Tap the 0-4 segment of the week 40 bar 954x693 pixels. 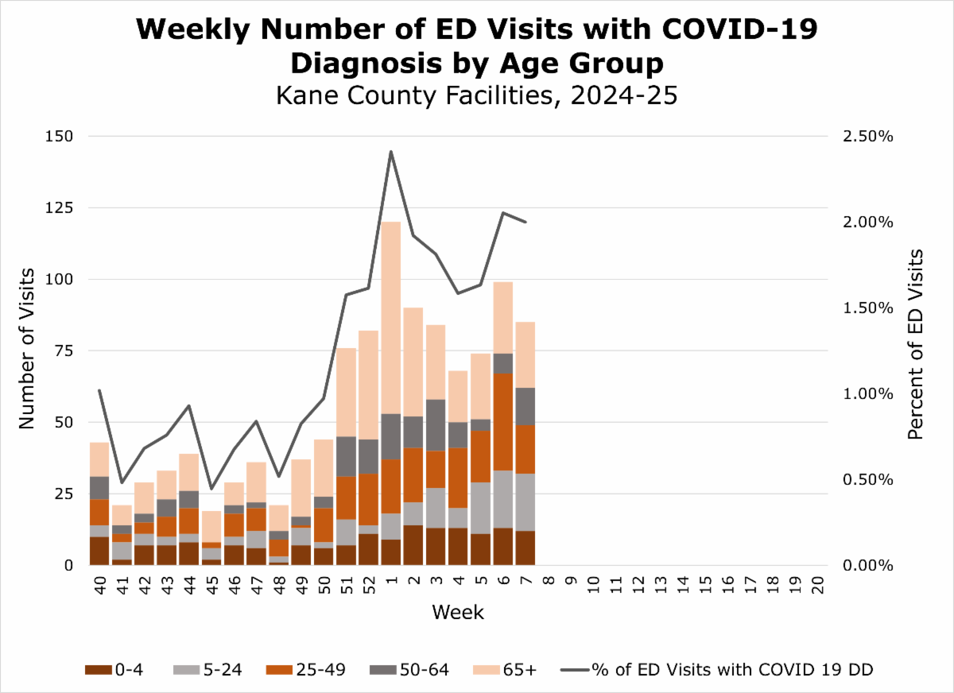(99, 551)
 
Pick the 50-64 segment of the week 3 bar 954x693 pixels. (436, 425)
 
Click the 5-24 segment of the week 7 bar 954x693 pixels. (525, 502)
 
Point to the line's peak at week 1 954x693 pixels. (391, 151)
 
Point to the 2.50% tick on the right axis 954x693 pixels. (867, 137)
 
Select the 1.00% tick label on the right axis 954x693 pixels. (867, 394)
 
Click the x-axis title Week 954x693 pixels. (458, 613)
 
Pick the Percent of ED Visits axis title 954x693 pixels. (916, 343)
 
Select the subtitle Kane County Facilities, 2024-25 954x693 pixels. (476, 96)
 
